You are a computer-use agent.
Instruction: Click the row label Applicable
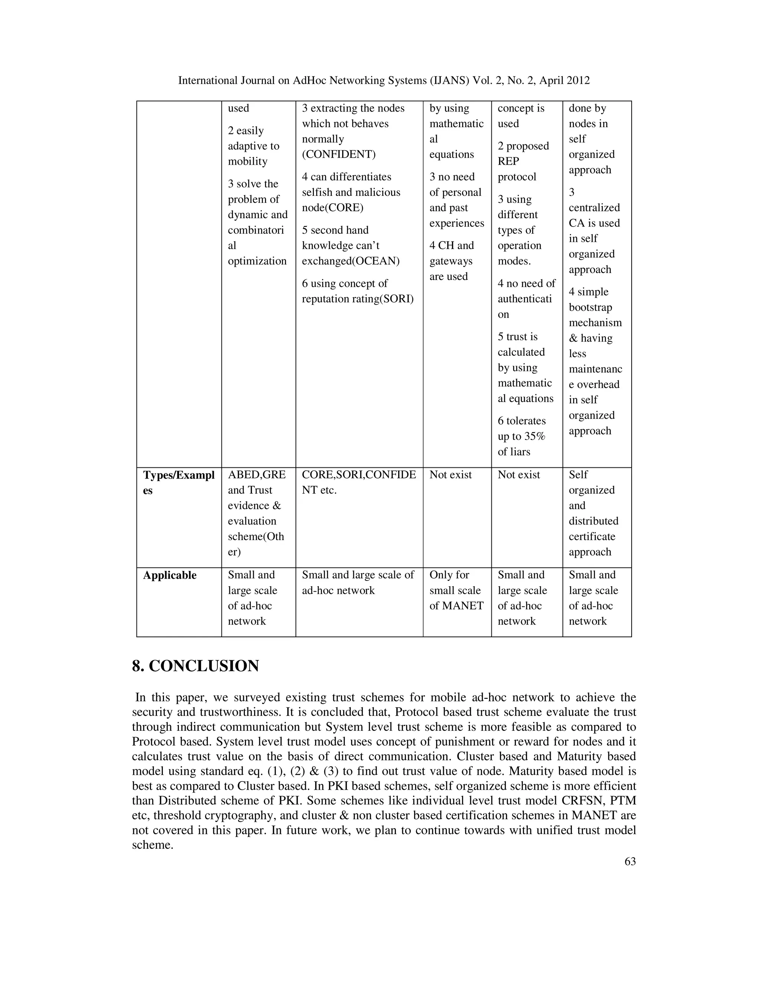[x=170, y=575]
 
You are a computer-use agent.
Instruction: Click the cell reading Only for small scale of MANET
[x=456, y=590]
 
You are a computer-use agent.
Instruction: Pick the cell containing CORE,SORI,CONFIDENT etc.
[x=359, y=482]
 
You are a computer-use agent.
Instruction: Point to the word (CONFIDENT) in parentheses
[x=338, y=154]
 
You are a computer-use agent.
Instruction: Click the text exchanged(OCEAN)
[x=350, y=261]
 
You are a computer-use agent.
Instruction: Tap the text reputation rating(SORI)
[x=357, y=299]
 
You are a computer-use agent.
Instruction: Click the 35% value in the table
[x=534, y=436]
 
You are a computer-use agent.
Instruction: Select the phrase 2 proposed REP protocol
[x=523, y=161]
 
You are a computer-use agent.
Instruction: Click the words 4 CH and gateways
[x=452, y=253]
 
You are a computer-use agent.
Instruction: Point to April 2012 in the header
[x=564, y=80]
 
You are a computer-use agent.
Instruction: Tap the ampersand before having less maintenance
[x=573, y=338]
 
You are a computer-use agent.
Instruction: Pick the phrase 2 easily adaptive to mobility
[x=253, y=146]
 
